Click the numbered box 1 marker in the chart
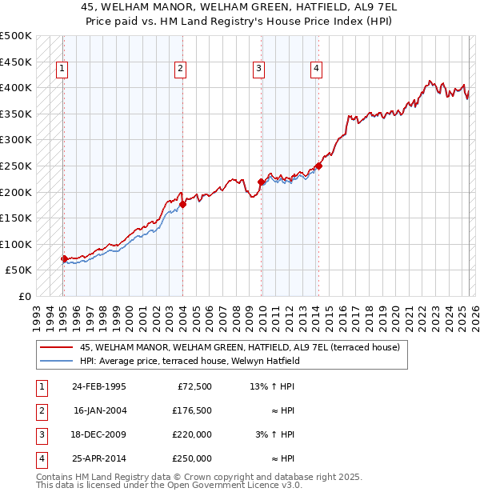[x=62, y=69]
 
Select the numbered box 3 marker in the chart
[x=259, y=69]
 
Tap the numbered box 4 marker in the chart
[x=317, y=69]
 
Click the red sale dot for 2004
[x=182, y=204]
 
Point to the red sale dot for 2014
[x=318, y=166]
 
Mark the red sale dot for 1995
[x=64, y=258]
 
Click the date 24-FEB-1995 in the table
[x=99, y=387]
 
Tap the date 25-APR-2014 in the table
[x=99, y=459]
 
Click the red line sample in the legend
[x=57, y=347]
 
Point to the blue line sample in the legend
[x=57, y=360]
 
